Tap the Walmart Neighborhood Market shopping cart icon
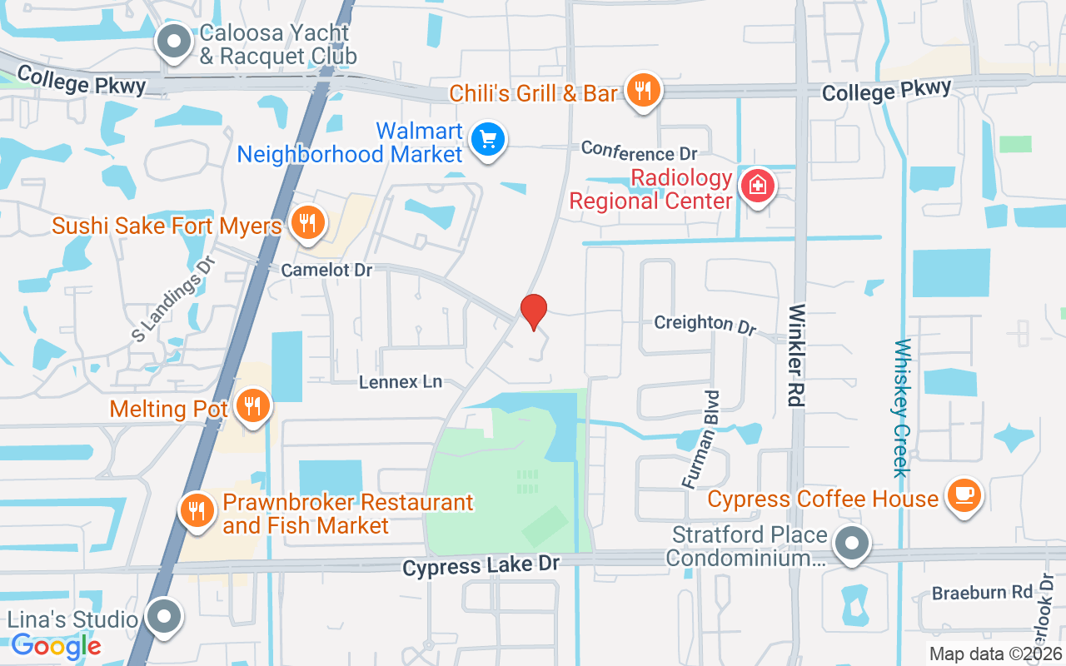[x=488, y=139]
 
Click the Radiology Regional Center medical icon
[x=758, y=184]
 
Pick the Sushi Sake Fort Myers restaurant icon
[x=308, y=223]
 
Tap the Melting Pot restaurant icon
[x=253, y=405]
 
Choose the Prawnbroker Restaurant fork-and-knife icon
[x=197, y=509]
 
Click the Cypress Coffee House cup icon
[x=964, y=495]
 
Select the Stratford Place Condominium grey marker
[x=851, y=544]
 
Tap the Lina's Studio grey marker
[x=163, y=618]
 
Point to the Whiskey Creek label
[x=902, y=408]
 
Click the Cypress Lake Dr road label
[x=481, y=565]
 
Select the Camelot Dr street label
[x=326, y=270]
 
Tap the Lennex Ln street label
[x=401, y=382]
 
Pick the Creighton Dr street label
[x=705, y=324]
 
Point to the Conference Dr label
[x=639, y=151]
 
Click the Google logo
[x=57, y=646]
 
